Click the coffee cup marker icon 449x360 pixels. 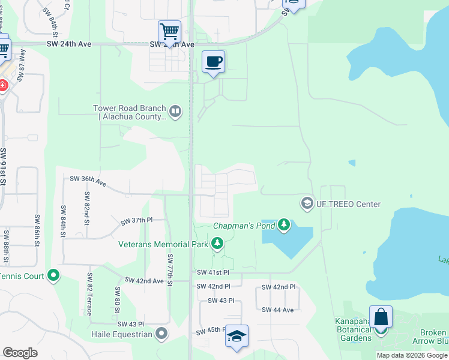click(x=214, y=62)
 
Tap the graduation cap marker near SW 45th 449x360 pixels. click(x=237, y=337)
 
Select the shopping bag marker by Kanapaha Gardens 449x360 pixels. click(x=381, y=317)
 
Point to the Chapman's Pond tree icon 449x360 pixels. click(x=284, y=226)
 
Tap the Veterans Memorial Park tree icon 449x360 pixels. click(x=217, y=244)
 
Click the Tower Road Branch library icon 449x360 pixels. click(x=175, y=111)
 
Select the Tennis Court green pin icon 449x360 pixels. click(x=53, y=275)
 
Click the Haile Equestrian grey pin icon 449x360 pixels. click(x=161, y=334)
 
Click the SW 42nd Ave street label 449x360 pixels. click(x=144, y=281)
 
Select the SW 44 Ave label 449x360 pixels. click(x=277, y=310)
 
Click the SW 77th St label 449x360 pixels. click(x=170, y=270)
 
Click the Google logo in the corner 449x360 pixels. click(x=20, y=353)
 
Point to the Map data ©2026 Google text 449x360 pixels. click(x=412, y=355)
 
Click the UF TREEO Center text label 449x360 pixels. click(x=349, y=204)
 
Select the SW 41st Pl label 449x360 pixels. click(x=213, y=272)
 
